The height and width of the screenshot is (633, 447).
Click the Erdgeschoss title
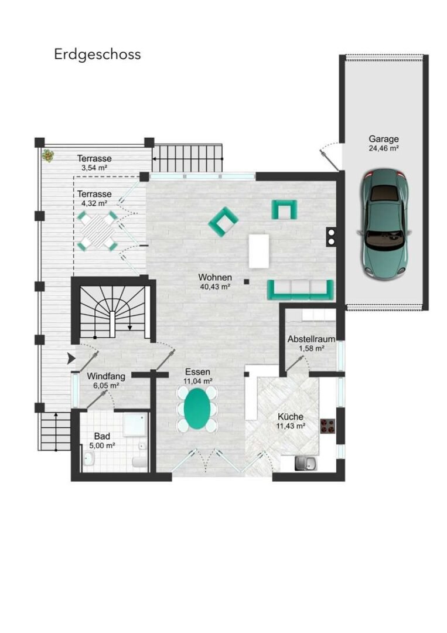(x=97, y=55)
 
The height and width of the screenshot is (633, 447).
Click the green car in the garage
(x=384, y=224)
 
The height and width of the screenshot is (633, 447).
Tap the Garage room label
(x=384, y=139)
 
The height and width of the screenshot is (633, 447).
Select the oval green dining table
(x=197, y=410)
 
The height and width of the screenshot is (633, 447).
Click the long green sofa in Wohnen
(x=301, y=290)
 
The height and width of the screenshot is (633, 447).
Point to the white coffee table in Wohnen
(x=259, y=251)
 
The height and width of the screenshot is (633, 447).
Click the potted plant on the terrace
(x=48, y=155)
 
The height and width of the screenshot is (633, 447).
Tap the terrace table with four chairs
(x=98, y=230)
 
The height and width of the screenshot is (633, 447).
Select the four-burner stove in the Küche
(x=328, y=426)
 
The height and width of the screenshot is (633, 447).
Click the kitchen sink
(x=306, y=464)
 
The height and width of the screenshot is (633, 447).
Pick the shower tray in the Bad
(x=134, y=425)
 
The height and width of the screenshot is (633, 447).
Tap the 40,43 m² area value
(x=215, y=287)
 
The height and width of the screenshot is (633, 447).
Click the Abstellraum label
(x=311, y=339)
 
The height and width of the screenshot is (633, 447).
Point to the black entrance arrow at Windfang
(x=71, y=358)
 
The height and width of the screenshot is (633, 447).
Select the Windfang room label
(x=106, y=376)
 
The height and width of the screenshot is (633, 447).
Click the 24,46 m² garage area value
(x=384, y=148)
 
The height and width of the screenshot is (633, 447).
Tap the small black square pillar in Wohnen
(x=247, y=282)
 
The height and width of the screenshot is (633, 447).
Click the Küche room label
(x=291, y=417)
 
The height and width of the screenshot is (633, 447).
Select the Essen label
(x=197, y=372)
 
